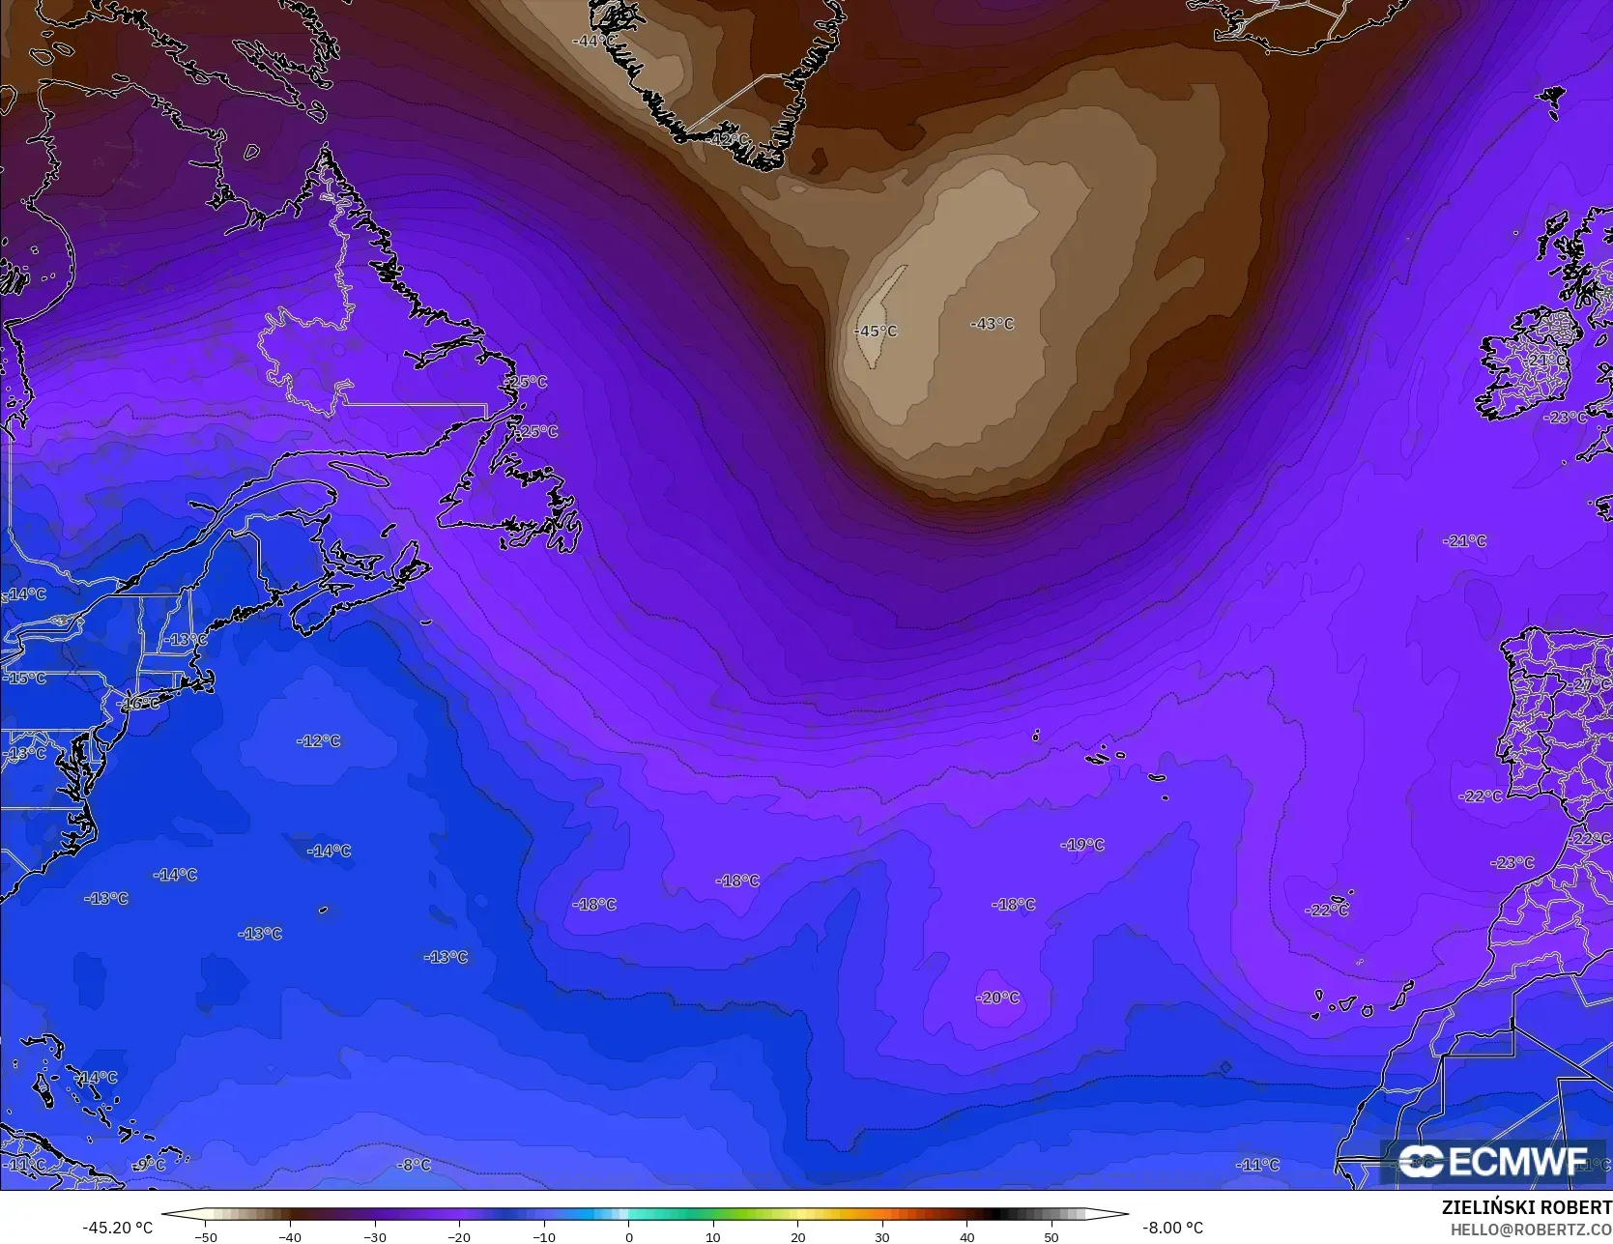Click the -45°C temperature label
click(876, 331)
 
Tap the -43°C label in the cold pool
click(993, 324)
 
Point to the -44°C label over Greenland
click(593, 41)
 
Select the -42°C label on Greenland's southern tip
click(729, 139)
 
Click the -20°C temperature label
click(997, 998)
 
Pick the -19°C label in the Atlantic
click(1082, 844)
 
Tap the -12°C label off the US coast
click(318, 740)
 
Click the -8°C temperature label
click(414, 1165)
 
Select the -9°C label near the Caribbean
click(149, 1165)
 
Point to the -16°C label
click(140, 703)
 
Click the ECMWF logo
click(1492, 1161)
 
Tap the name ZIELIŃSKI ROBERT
click(1526, 1207)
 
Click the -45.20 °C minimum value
click(117, 1228)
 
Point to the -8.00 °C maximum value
click(1172, 1228)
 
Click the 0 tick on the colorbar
click(628, 1236)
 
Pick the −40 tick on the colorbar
click(289, 1236)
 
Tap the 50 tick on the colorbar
click(1051, 1236)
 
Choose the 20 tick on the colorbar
click(797, 1236)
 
